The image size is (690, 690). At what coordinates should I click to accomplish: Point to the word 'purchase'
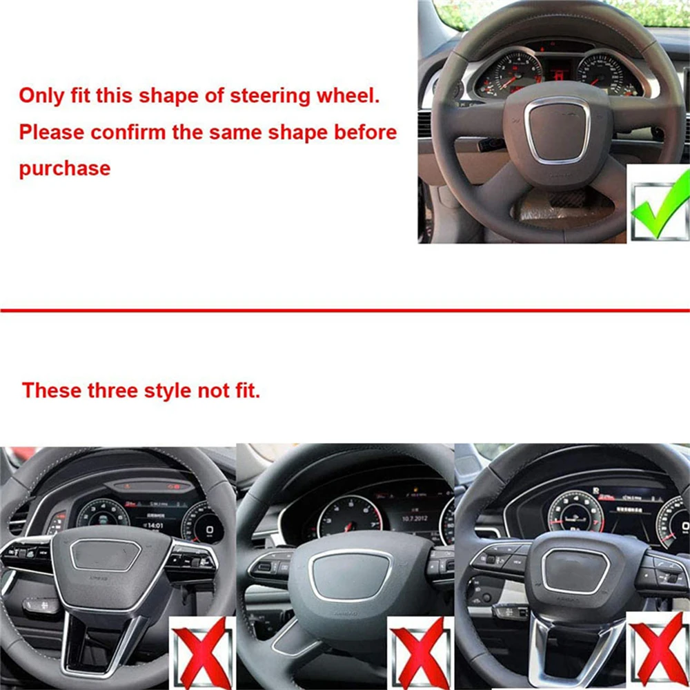[x=64, y=168]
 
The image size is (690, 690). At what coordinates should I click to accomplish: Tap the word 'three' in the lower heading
[x=112, y=391]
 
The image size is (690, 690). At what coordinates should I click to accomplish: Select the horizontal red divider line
[x=345, y=310]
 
